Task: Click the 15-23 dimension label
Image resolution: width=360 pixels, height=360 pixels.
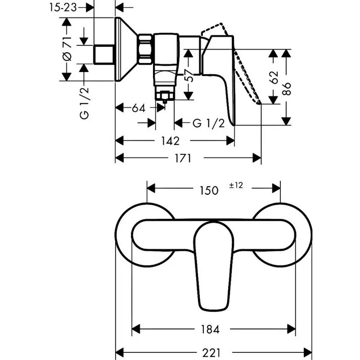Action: tap(63, 8)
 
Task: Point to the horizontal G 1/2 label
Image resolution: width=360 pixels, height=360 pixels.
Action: tap(208, 124)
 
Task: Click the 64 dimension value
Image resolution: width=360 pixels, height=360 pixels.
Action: tap(139, 108)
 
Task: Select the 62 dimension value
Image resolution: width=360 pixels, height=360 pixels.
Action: tap(274, 77)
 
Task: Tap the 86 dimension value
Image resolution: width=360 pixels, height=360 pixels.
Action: tap(287, 89)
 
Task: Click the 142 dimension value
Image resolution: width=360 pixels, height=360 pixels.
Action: tap(170, 141)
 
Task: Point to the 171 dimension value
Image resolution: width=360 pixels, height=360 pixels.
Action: tap(183, 158)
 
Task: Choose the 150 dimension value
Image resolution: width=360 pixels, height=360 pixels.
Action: tap(209, 190)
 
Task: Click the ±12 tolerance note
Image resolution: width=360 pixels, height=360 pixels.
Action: tap(236, 185)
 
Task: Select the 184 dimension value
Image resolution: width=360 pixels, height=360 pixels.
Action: tap(210, 329)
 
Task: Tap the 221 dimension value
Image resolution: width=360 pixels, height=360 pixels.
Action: tap(211, 352)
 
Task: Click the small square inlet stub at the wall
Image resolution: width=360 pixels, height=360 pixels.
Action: tap(104, 54)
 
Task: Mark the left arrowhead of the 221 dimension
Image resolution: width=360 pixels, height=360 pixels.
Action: tap(120, 352)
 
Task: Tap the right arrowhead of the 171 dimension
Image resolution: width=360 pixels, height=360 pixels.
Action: tap(257, 158)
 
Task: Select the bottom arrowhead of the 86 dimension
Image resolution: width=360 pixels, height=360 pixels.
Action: tap(286, 121)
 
